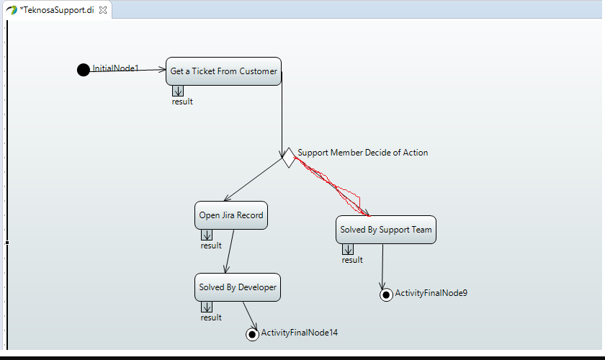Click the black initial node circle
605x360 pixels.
[x=84, y=70]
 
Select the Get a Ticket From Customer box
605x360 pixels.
[x=223, y=71]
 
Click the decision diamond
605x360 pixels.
[x=288, y=157]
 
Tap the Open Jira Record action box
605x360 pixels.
[x=231, y=215]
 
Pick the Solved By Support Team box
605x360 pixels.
[x=385, y=230]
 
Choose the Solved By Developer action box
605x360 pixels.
[x=237, y=287]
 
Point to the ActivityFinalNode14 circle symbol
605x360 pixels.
[x=252, y=333]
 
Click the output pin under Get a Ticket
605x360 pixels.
[x=178, y=91]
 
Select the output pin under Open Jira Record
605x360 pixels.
[x=207, y=235]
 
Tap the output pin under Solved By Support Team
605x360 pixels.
[x=348, y=249]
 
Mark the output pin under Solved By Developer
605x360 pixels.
[x=207, y=307]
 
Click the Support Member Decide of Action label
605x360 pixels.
[x=362, y=153]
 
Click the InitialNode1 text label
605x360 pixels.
[x=115, y=68]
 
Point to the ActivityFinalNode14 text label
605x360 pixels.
[x=299, y=333]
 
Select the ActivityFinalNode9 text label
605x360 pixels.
[x=431, y=293]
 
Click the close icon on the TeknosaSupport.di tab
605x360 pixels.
[x=103, y=10]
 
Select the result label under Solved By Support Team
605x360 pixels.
[x=352, y=260]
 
